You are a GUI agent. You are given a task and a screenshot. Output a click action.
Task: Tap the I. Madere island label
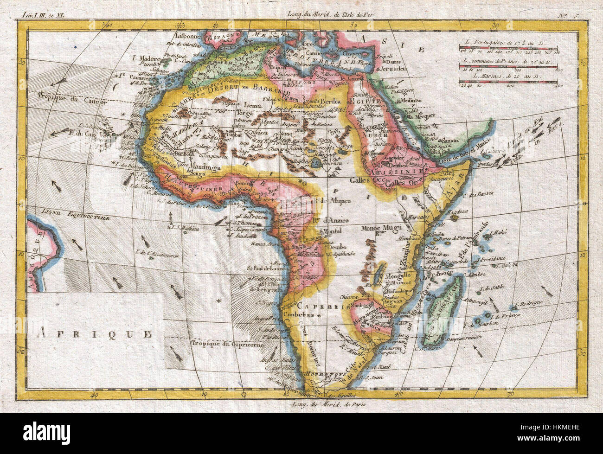[x=147, y=58]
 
